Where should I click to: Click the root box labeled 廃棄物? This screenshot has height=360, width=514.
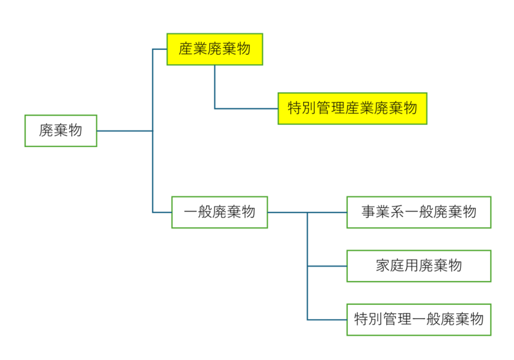61,131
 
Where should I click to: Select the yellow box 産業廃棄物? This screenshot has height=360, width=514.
215,49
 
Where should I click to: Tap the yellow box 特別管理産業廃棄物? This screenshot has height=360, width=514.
352,108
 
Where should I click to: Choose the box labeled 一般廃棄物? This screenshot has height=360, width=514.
219,212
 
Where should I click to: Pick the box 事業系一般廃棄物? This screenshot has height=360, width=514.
419,212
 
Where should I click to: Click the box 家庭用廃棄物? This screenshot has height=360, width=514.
419,266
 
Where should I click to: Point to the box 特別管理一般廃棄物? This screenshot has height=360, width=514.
419,319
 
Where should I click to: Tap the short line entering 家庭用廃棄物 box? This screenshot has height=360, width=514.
327,266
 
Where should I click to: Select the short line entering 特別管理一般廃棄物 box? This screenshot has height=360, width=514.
327,319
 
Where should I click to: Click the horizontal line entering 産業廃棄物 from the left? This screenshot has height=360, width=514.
160,49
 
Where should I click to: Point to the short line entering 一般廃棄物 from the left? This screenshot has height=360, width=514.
162,212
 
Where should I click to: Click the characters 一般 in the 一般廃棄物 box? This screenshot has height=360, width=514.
197,212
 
